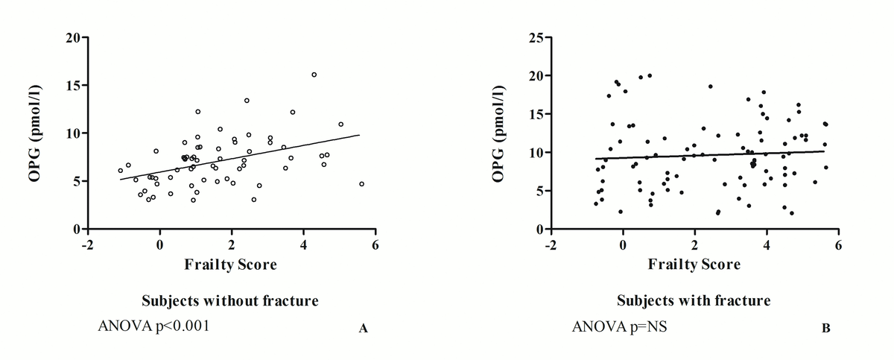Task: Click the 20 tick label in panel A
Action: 73,37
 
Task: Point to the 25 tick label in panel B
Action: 538,37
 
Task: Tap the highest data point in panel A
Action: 314,75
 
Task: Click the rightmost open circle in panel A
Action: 361,183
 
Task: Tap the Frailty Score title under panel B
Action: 694,264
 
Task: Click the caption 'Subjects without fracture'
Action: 229,300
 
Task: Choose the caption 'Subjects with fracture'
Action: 694,300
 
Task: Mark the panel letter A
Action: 364,327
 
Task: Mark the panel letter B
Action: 825,327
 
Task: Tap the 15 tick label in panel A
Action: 73,86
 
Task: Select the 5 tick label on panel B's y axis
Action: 541,191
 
